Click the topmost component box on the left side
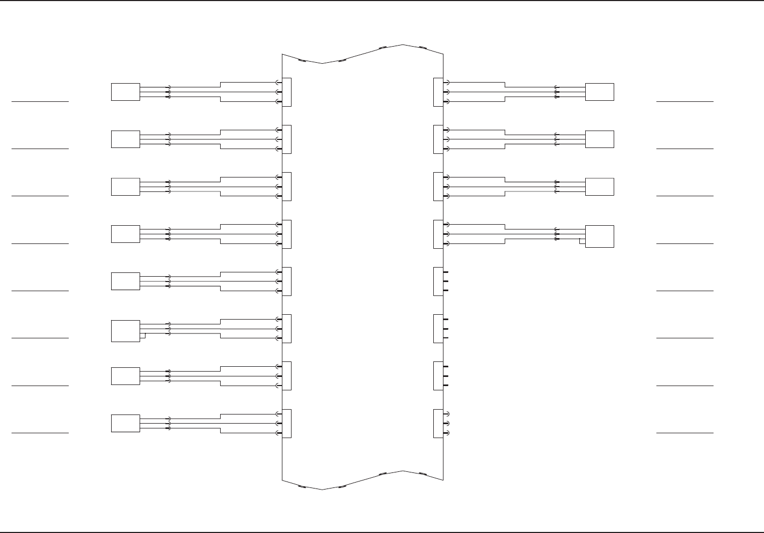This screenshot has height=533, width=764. [x=125, y=92]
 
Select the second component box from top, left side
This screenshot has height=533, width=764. [x=125, y=139]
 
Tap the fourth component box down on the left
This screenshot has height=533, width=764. [x=125, y=234]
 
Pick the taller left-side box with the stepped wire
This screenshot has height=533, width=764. [x=125, y=330]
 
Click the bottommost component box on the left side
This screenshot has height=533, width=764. [x=125, y=423]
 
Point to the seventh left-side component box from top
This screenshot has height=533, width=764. [x=125, y=376]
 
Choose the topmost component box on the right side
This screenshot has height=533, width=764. [x=599, y=92]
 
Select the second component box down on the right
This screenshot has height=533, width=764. [x=599, y=139]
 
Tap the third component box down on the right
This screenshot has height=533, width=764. [x=599, y=187]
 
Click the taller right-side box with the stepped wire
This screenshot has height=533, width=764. [x=599, y=236]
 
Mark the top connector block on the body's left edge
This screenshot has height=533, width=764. [x=287, y=92]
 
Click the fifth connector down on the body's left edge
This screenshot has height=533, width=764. [x=287, y=282]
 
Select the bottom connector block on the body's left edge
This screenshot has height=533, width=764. [x=287, y=424]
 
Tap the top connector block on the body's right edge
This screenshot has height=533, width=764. [x=438, y=92]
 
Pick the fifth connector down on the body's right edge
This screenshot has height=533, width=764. [x=438, y=282]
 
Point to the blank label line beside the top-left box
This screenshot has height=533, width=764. [x=40, y=101]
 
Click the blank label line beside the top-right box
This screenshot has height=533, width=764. [x=685, y=101]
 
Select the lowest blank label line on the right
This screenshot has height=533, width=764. [x=685, y=432]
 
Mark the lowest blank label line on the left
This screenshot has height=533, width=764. [x=40, y=432]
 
